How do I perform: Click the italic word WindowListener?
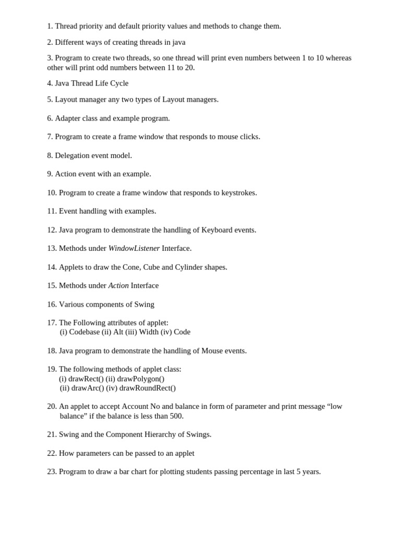point(134,248)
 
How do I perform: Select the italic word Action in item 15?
point(118,285)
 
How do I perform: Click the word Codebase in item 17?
point(85,332)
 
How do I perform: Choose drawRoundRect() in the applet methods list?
point(147,388)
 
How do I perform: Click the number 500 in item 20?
point(176,416)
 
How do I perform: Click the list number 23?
point(52,471)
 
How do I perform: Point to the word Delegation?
point(72,155)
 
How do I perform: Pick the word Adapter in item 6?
point(68,118)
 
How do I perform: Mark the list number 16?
point(52,304)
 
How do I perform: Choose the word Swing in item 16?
point(144,304)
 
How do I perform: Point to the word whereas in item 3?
point(338,58)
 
